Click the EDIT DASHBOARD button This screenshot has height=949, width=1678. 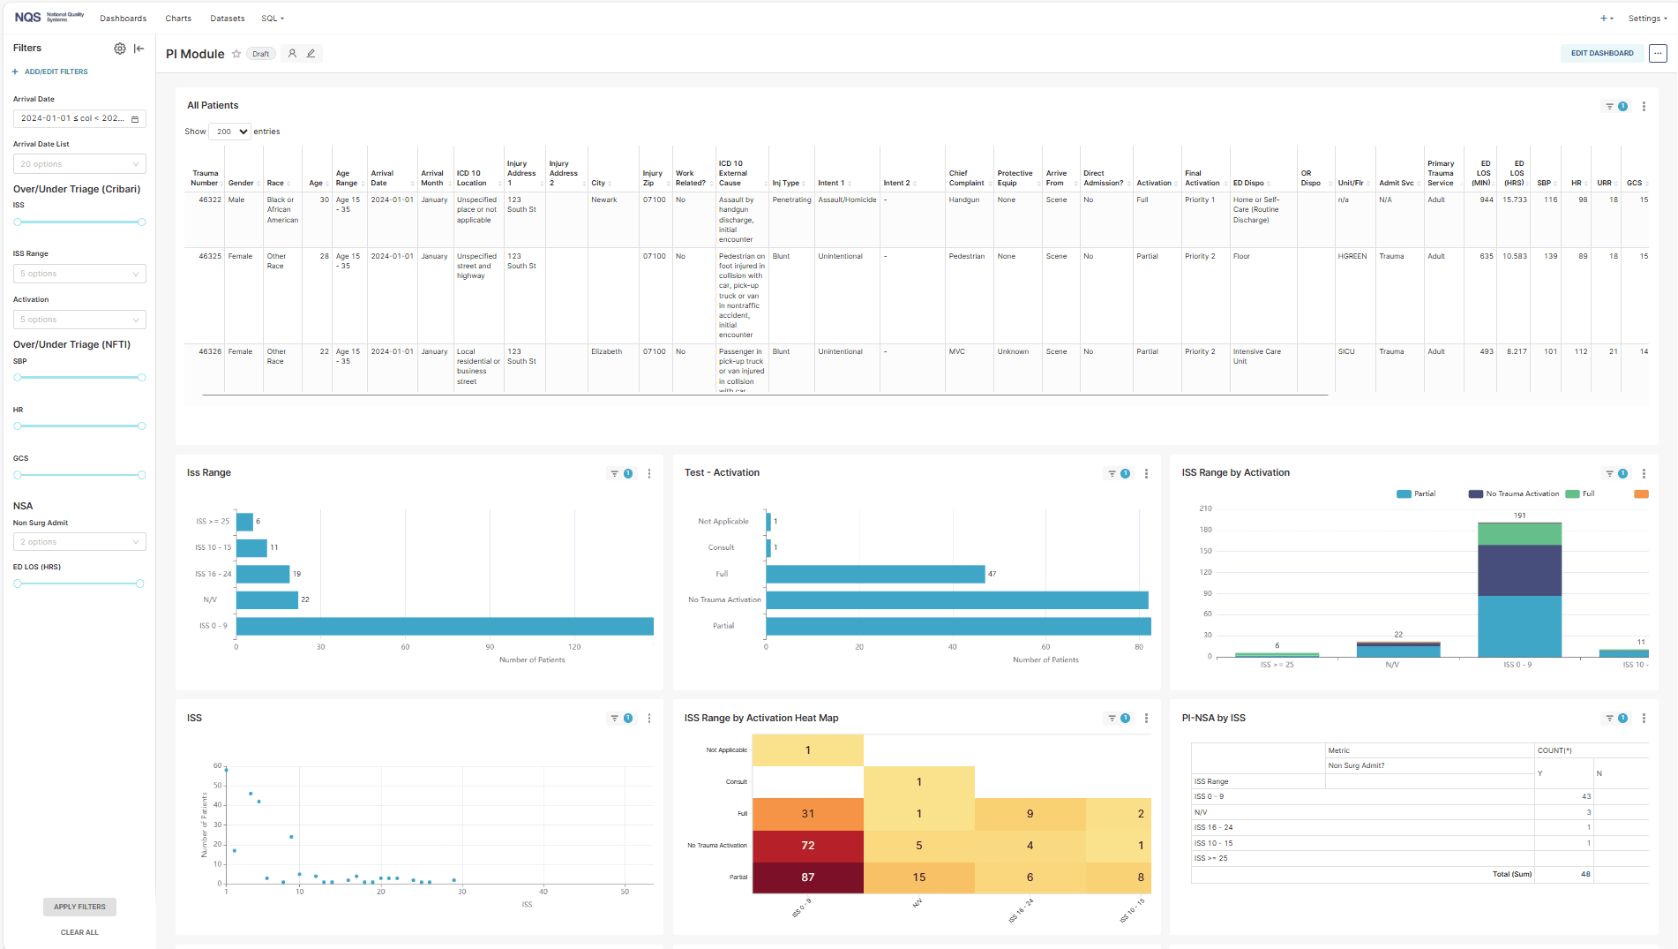click(x=1601, y=53)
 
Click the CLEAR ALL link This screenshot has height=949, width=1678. click(x=79, y=932)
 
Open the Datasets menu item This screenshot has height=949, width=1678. click(x=227, y=19)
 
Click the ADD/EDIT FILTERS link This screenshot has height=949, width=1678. click(x=56, y=72)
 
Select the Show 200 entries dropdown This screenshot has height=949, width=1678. click(x=230, y=132)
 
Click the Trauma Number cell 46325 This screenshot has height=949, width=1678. click(x=210, y=256)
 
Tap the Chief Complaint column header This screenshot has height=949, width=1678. click(x=966, y=178)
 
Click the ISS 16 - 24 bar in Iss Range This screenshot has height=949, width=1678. click(x=263, y=574)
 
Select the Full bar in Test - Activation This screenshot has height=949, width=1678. click(x=875, y=574)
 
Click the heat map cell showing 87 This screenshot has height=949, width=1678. click(x=807, y=877)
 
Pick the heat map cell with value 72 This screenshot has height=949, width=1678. click(x=807, y=845)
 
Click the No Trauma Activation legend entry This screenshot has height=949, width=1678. click(x=1513, y=493)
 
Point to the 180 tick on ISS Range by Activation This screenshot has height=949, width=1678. click(x=1205, y=530)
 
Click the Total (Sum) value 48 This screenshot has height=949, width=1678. click(x=1585, y=874)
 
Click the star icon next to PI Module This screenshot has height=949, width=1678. click(x=236, y=54)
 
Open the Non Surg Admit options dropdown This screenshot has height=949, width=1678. click(x=79, y=542)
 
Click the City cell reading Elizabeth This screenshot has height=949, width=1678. click(x=606, y=351)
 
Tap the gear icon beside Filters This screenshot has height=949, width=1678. click(x=120, y=49)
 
